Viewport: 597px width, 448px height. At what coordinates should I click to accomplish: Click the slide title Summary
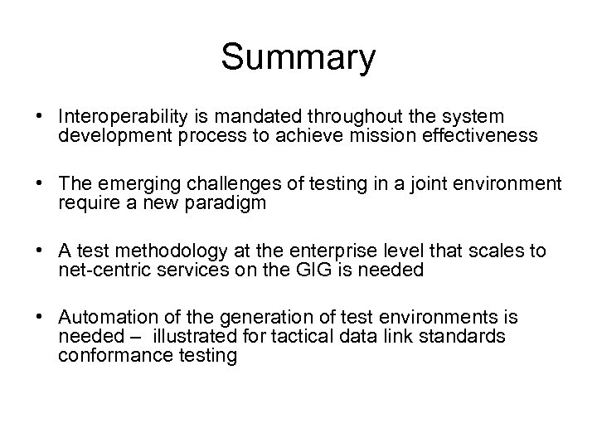pos(298,59)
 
